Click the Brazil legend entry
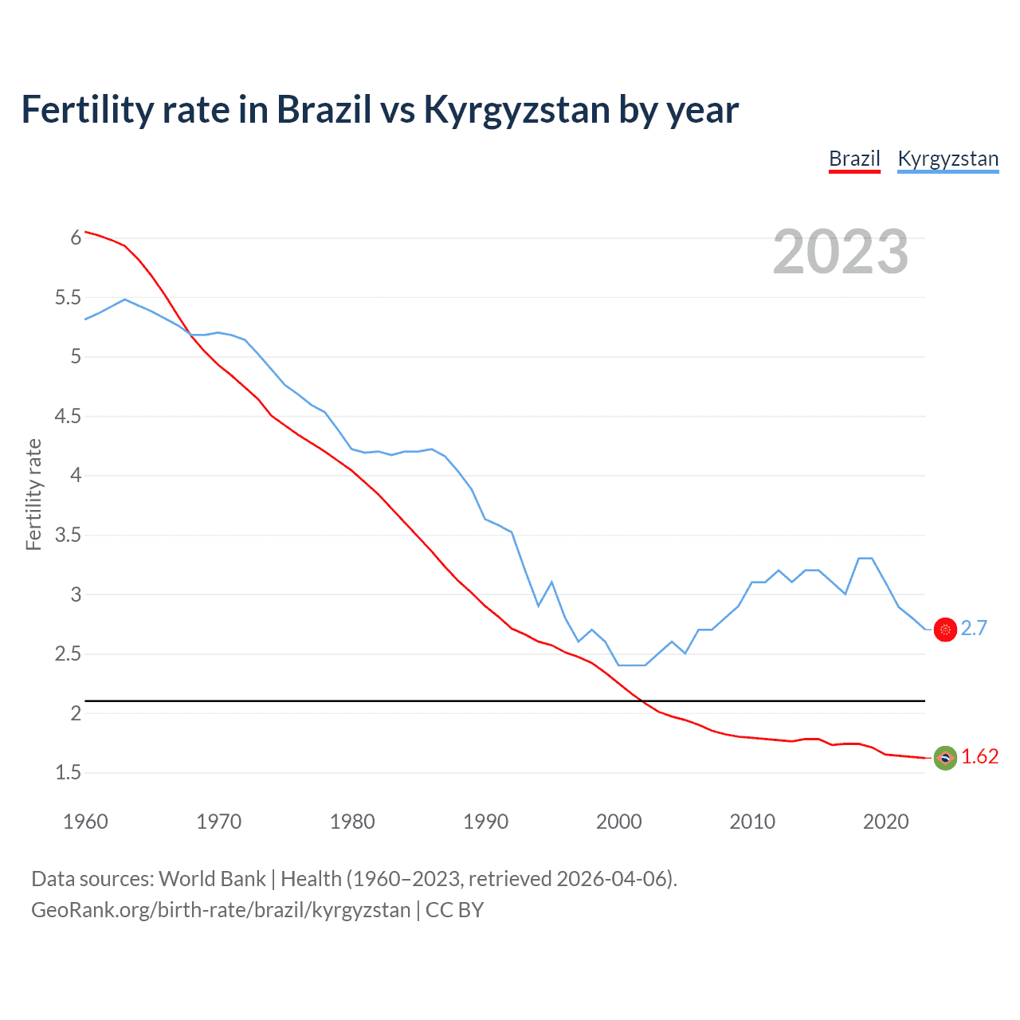(x=854, y=159)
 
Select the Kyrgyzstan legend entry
(x=947, y=159)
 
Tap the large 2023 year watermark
(x=840, y=252)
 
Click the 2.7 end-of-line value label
(x=974, y=628)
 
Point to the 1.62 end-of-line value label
(x=979, y=756)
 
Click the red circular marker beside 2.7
(x=945, y=630)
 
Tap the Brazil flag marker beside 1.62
(x=945, y=758)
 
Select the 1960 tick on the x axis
(x=85, y=822)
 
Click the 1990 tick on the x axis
(x=485, y=822)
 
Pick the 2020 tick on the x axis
(x=885, y=822)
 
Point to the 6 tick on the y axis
(x=76, y=238)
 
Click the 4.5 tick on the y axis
(x=68, y=416)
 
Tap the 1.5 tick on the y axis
(x=68, y=772)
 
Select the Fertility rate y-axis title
(x=33, y=494)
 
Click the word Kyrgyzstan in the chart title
(x=516, y=110)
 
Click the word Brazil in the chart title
(x=324, y=110)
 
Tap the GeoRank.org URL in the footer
(x=221, y=910)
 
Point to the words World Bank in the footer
(x=212, y=879)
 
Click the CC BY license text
(x=454, y=910)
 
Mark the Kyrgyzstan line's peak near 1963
(x=125, y=300)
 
